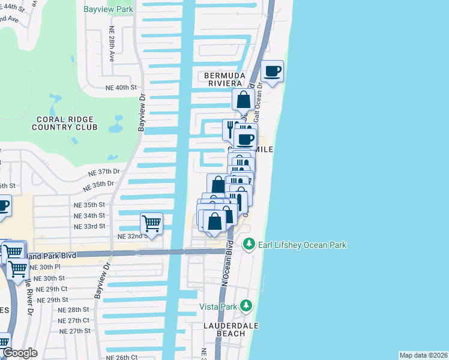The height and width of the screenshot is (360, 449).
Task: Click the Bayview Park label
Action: (109, 10)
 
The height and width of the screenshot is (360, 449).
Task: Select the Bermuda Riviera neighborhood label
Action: (224, 79)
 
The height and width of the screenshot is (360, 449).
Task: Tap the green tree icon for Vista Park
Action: (246, 306)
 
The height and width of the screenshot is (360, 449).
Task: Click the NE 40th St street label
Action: (122, 88)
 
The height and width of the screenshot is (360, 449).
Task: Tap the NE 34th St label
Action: (89, 215)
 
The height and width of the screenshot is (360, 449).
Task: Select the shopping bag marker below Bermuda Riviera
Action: (244, 100)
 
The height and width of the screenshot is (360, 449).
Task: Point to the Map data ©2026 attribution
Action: (423, 355)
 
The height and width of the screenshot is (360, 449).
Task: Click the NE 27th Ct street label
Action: (75, 320)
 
